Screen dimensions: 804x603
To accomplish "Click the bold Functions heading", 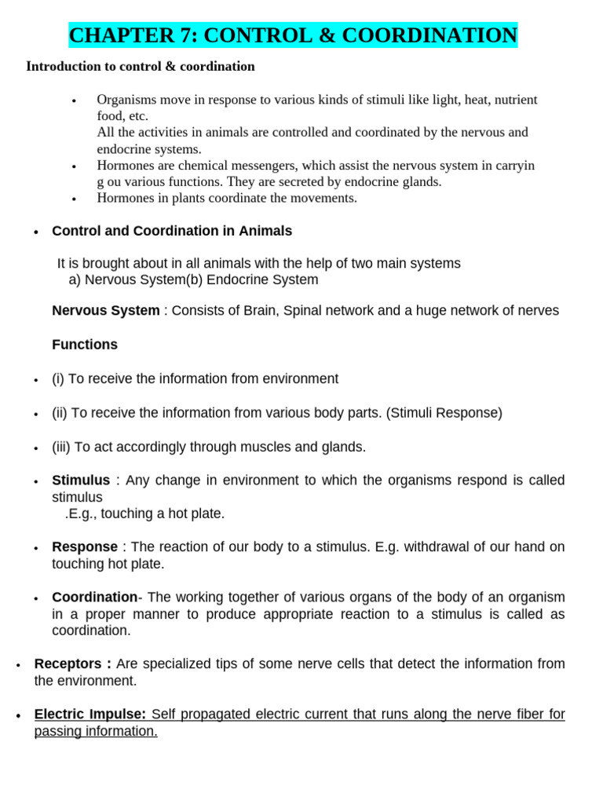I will point(85,345).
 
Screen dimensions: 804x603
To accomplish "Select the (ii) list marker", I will point(59,413).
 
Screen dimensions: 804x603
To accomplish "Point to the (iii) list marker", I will point(60,447).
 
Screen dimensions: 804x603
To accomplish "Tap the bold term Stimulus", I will point(81,481).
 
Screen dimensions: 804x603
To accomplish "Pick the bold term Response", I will point(85,546).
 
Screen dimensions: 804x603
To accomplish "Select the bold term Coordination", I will point(94,598).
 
